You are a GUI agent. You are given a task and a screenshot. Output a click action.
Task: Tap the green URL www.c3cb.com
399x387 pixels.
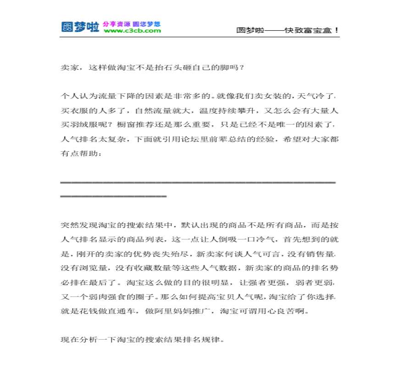point(132,31)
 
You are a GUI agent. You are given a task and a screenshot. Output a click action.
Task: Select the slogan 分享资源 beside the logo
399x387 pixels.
point(116,23)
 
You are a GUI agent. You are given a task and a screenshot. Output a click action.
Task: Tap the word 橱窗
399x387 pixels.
point(123,125)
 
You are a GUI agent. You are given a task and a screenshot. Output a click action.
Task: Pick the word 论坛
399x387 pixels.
point(210,138)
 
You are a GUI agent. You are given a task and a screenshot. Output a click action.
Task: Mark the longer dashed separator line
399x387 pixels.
point(198,182)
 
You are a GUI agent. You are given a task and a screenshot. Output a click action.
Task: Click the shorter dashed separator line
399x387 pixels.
point(114,196)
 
